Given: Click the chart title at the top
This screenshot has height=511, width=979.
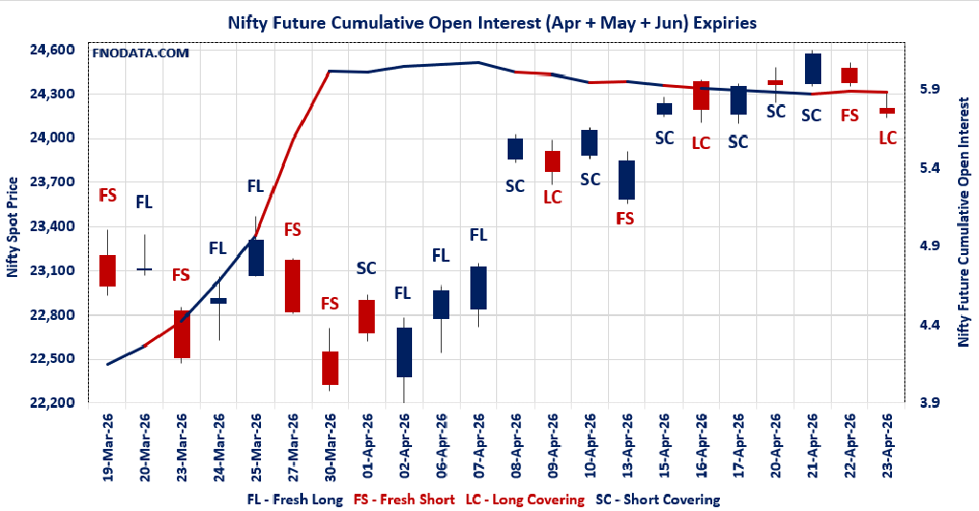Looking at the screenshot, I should click(x=489, y=21).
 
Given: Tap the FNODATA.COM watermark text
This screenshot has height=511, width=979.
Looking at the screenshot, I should click(x=141, y=53).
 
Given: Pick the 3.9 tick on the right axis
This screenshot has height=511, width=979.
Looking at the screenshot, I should click(x=931, y=403).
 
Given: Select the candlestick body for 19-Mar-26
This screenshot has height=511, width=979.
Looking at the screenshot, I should click(x=107, y=270).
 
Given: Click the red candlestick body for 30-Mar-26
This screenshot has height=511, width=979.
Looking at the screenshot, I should click(x=330, y=368).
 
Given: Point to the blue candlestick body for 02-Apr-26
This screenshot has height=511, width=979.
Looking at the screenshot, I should click(x=404, y=351).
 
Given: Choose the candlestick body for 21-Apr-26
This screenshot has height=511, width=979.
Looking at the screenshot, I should click(x=813, y=69).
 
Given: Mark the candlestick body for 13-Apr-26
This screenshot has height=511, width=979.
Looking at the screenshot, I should click(x=627, y=180).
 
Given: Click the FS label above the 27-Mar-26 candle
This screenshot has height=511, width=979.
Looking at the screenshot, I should click(x=293, y=229).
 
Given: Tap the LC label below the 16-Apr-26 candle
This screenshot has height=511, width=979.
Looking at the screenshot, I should click(x=701, y=142).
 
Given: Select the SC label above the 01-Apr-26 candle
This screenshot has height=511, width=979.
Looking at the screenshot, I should click(x=366, y=268).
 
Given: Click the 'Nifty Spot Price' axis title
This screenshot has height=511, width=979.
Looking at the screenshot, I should click(x=13, y=226).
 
